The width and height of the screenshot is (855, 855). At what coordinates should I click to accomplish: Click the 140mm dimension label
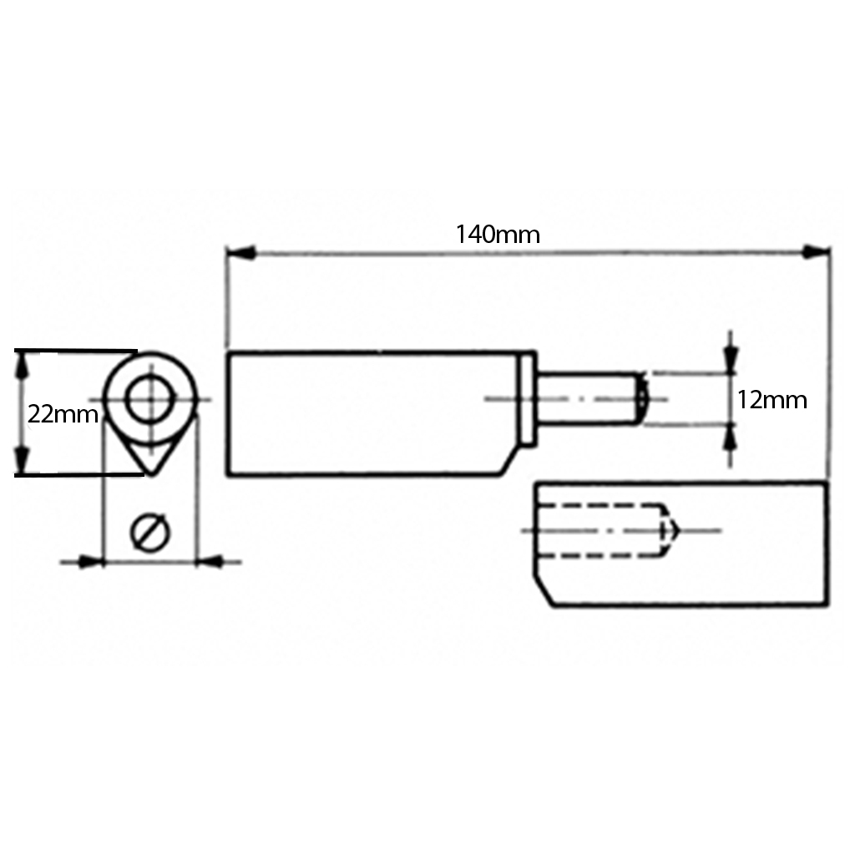[x=498, y=235]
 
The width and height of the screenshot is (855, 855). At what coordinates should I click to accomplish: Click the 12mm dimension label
[x=772, y=400]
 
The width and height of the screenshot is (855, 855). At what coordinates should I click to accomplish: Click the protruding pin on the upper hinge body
[x=589, y=399]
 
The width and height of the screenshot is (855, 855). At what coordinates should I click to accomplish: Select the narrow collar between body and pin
[x=529, y=398]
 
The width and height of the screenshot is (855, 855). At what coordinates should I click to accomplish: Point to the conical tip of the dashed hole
[x=672, y=530]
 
